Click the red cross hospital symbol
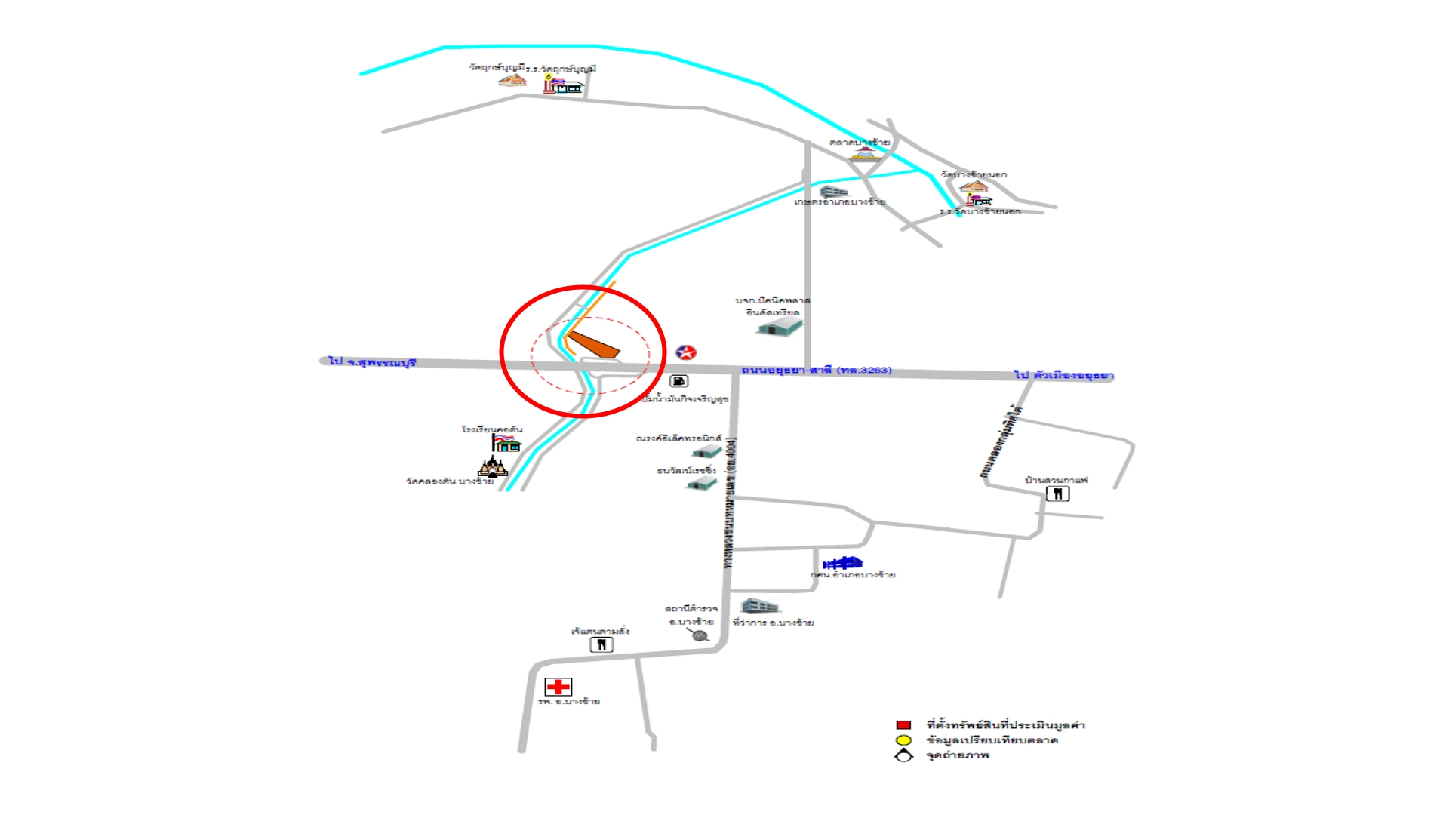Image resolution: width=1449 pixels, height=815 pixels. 558,687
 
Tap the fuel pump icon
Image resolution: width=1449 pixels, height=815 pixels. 678,381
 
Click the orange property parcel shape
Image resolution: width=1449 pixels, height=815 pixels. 595,344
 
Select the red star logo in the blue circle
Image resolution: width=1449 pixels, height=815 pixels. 685,352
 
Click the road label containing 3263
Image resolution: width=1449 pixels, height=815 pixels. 816,370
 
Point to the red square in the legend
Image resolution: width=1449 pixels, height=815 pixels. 903,725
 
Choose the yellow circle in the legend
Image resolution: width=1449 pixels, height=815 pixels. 903,740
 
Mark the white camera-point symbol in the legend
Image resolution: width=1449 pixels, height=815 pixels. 903,755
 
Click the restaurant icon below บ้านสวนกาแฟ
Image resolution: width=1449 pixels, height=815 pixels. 1057,494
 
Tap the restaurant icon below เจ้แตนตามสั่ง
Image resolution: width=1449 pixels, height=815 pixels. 601,645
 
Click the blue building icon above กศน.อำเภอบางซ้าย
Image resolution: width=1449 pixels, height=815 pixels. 842,563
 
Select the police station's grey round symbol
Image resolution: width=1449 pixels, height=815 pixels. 700,635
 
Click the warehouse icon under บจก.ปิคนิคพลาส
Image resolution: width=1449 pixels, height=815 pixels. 780,327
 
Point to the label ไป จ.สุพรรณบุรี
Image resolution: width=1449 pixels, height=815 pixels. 372,362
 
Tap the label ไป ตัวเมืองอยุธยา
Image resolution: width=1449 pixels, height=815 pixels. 1063,375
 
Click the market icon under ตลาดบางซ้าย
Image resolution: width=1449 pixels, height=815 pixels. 865,154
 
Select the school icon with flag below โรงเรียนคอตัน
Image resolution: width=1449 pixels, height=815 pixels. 506,443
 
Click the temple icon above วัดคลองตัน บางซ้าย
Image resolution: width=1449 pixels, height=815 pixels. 493,466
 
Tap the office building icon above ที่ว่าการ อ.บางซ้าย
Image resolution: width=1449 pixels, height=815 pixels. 759,606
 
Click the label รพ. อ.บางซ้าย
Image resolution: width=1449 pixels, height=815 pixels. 569,702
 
